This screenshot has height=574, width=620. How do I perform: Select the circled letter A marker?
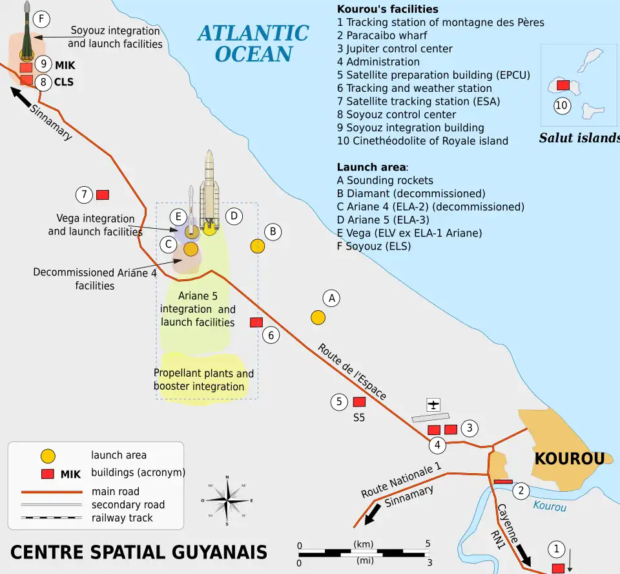pyautogui.click(x=331, y=298)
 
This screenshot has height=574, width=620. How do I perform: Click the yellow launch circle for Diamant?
pyautogui.click(x=257, y=246)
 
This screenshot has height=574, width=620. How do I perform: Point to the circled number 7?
pyautogui.click(x=83, y=194)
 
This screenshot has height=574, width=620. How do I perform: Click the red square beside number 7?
pyautogui.click(x=102, y=195)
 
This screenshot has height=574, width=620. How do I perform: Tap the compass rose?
pyautogui.click(x=227, y=500)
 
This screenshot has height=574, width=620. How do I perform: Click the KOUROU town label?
pyautogui.click(x=569, y=459)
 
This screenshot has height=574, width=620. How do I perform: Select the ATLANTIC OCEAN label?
pyautogui.click(x=253, y=43)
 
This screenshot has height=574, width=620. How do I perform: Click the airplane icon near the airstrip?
pyautogui.click(x=433, y=405)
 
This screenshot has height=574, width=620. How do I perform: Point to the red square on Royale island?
pyautogui.click(x=563, y=85)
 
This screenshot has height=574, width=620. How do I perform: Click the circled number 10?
pyautogui.click(x=562, y=105)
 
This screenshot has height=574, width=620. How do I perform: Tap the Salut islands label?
pyautogui.click(x=579, y=138)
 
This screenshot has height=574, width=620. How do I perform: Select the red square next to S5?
pyautogui.click(x=359, y=402)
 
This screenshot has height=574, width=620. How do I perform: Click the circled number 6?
pyautogui.click(x=272, y=335)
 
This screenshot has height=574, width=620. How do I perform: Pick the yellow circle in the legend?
pyautogui.click(x=48, y=455)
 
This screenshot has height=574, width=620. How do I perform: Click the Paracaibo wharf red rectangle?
pyautogui.click(x=502, y=482)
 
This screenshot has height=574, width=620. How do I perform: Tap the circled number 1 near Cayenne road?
pyautogui.click(x=556, y=549)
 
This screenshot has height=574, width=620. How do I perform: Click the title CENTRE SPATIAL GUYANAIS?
pyautogui.click(x=139, y=553)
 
